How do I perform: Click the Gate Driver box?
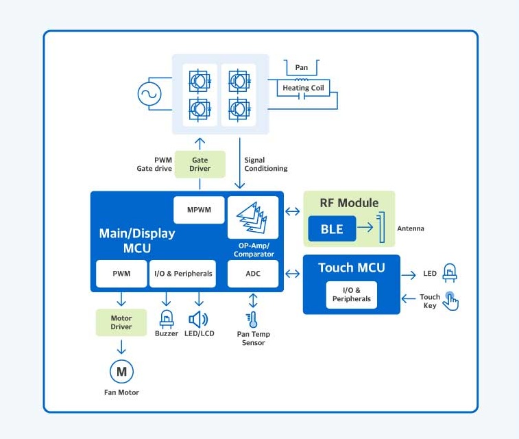pos(200,164)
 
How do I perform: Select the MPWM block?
pos(200,210)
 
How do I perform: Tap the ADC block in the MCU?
pos(253,274)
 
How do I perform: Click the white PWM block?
pos(121,274)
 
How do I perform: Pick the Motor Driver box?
pos(121,322)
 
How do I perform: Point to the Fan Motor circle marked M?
pos(122,372)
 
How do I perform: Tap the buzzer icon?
pos(166,318)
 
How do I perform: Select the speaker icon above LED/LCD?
pos(199,319)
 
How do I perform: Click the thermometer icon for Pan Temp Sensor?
pos(252,319)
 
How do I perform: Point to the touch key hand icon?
pos(450,300)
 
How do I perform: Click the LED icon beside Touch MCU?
pos(450,272)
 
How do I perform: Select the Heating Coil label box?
pos(302,88)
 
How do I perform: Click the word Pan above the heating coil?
pos(302,67)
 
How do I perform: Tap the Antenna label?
pos(411,228)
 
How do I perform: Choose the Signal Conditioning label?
pos(265,165)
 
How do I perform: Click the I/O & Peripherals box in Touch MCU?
pos(351,295)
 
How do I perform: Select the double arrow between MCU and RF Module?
pos(293,211)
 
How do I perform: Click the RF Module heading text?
pos(349,202)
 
